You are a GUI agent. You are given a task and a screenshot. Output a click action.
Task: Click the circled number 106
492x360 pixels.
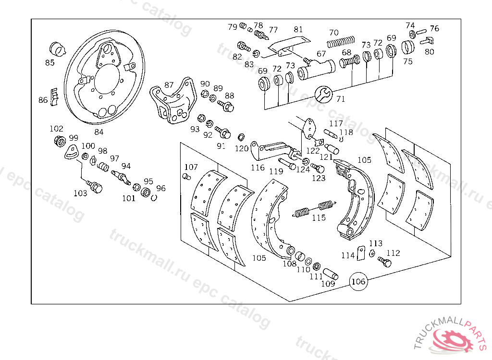coord(359,282)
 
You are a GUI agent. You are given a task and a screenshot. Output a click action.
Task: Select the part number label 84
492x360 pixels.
coord(98,132)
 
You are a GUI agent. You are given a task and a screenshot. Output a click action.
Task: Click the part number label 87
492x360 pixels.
coord(169,85)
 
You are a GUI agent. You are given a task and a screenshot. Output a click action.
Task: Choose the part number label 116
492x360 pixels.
coord(258,168)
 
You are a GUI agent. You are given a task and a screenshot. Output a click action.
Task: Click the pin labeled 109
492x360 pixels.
coord(331,274)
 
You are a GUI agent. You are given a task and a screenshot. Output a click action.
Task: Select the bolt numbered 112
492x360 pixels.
coord(384,262)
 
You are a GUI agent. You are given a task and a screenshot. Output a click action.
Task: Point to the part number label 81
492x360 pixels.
coord(298,29)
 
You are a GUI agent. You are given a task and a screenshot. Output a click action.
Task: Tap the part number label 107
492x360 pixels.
coord(191,167)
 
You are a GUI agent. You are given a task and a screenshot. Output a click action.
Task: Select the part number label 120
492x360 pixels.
coord(242,148)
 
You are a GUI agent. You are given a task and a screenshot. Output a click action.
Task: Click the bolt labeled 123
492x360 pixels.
coord(318,168)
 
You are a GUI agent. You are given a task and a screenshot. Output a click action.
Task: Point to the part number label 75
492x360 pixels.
coord(407,61)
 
